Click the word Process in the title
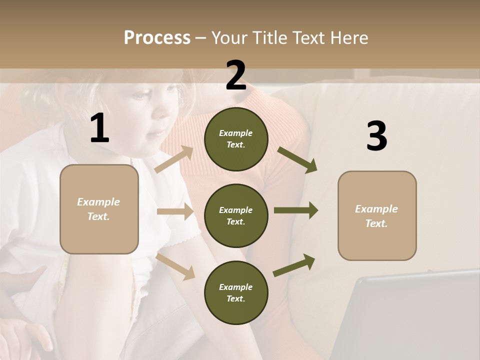pyautogui.click(x=157, y=38)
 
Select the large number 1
pyautogui.click(x=99, y=128)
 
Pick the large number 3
pyautogui.click(x=376, y=136)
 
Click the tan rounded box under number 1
pyautogui.click(x=99, y=209)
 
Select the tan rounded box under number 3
pyautogui.click(x=377, y=216)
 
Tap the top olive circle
pyautogui.click(x=236, y=139)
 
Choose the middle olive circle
pyautogui.click(x=236, y=216)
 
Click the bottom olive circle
pyautogui.click(x=236, y=293)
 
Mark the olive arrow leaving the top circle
pyautogui.click(x=297, y=160)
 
